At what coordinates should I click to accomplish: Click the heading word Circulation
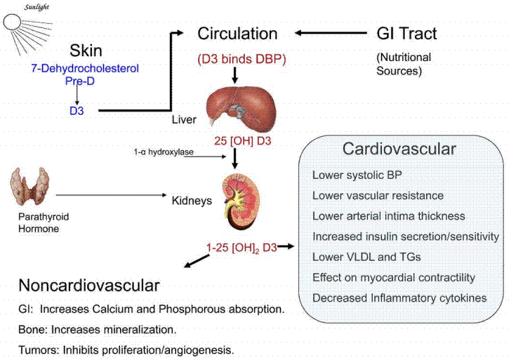coord(237,34)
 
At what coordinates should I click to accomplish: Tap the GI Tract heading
coord(406,34)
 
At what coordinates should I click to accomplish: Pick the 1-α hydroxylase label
coord(163,152)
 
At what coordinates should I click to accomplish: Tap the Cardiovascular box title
coord(399,149)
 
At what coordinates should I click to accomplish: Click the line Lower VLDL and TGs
coord(366,257)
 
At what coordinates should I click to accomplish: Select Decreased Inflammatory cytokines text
coord(399,298)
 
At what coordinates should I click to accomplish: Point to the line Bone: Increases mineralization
coord(98,328)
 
